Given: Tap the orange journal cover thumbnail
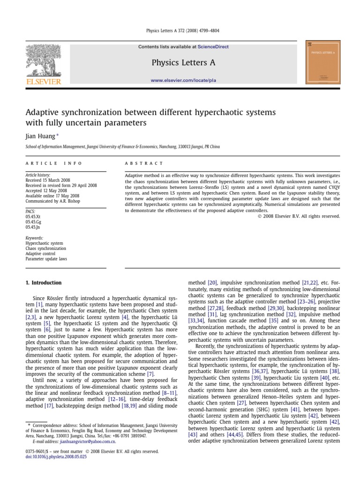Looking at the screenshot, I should [x=324, y=62].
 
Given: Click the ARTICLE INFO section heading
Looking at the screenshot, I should [x=53, y=164].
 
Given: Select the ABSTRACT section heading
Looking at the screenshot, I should [x=144, y=164].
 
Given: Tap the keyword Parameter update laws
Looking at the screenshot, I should [x=46, y=259].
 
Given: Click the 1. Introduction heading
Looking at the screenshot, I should [x=43, y=283].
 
